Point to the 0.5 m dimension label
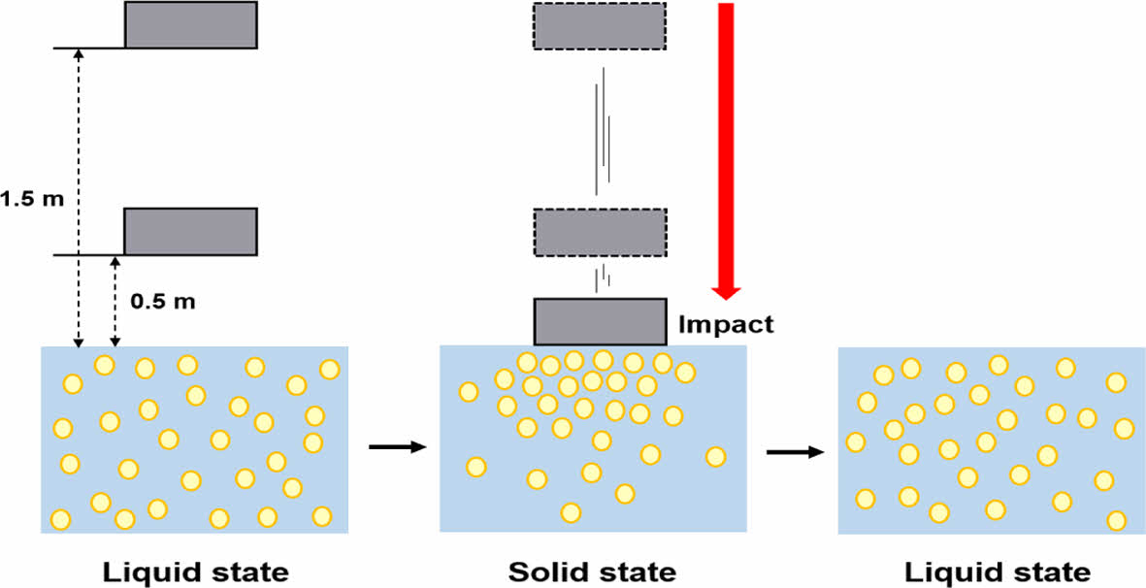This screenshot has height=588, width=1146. (x=162, y=301)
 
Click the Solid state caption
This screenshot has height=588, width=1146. (x=592, y=571)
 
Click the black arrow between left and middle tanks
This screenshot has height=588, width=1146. (x=398, y=447)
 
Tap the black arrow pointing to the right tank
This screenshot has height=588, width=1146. (x=795, y=452)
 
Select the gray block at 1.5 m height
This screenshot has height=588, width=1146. (x=190, y=24)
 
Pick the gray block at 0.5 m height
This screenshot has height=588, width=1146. (x=190, y=231)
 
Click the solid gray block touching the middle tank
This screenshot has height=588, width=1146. (x=600, y=322)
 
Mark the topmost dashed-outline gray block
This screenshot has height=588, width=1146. (x=600, y=26)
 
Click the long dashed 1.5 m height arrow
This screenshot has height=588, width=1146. (x=79, y=194)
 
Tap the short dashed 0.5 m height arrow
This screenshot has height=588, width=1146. (x=115, y=301)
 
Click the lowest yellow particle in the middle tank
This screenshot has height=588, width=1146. (x=571, y=512)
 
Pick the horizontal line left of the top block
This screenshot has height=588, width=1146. (x=88, y=47)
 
